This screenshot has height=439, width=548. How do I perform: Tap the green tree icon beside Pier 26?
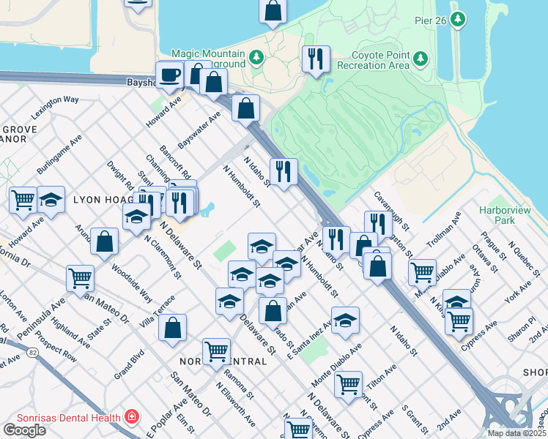pyautogui.click(x=459, y=19)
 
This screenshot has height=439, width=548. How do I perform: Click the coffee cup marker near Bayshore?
pyautogui.click(x=169, y=75)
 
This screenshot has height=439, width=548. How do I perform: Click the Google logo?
pyautogui.click(x=24, y=430)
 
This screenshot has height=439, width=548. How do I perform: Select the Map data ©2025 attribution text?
pyautogui.click(x=516, y=433)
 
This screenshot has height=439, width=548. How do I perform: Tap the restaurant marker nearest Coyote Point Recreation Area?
pyautogui.click(x=316, y=59)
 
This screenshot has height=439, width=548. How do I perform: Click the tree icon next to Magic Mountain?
pyautogui.click(x=256, y=56)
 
